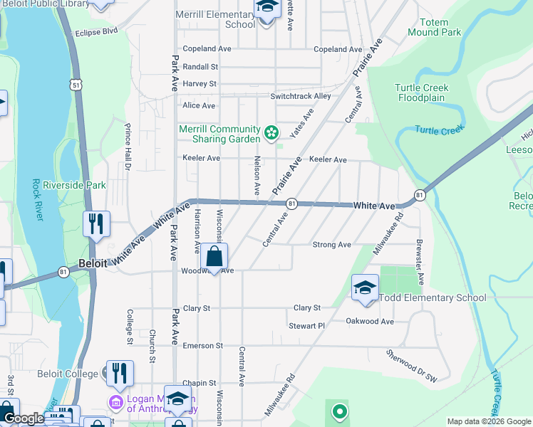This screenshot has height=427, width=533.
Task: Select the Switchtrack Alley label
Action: coord(301,96)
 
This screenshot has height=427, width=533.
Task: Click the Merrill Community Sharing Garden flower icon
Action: coord(271,132)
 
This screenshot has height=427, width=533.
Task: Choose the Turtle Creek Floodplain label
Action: coord(422,93)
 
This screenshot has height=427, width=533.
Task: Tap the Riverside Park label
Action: coord(74,186)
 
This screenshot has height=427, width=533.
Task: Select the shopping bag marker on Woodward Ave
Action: coord(214,257)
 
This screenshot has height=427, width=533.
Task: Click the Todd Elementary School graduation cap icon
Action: coord(365,288)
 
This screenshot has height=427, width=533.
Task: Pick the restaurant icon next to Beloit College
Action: coord(119,371)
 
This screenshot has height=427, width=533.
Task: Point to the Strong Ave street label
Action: coord(332,245)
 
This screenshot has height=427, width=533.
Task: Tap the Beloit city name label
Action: coord(93,263)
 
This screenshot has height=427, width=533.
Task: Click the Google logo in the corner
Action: coord(23,418)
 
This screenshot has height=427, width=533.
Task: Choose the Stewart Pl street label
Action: coord(306,326)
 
